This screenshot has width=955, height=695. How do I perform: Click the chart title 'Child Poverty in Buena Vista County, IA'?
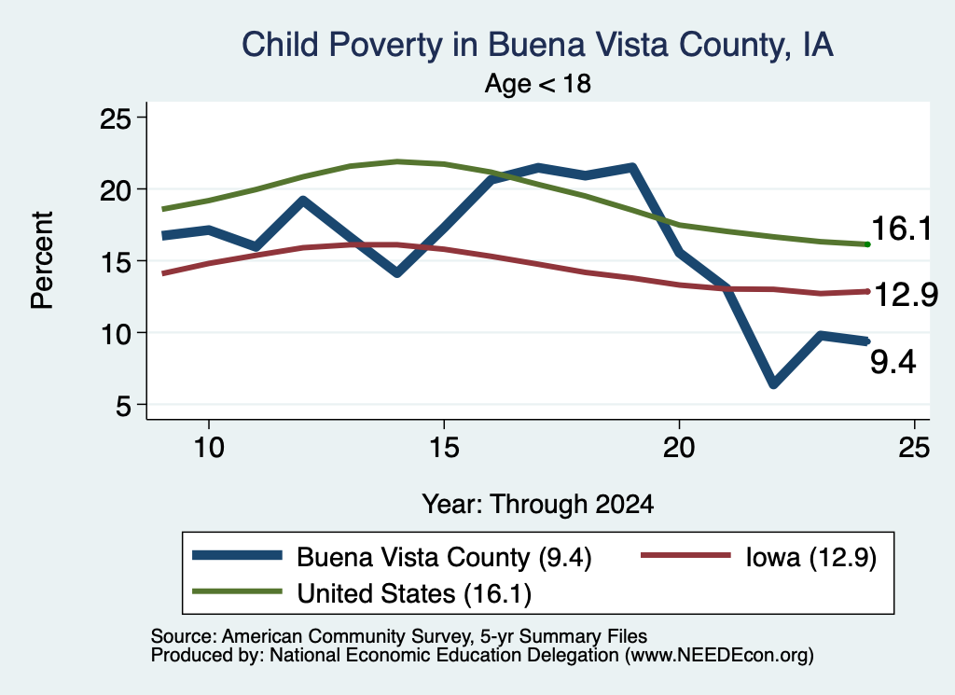tap(537, 45)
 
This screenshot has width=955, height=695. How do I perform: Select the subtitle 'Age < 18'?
tap(538, 83)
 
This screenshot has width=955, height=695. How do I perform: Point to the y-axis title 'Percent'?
tap(42, 260)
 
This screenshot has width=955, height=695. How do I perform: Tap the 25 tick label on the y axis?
tap(116, 118)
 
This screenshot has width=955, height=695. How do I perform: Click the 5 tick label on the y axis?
tap(124, 405)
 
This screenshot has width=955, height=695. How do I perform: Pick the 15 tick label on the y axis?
tap(116, 261)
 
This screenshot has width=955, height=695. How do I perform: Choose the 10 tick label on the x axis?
tap(209, 448)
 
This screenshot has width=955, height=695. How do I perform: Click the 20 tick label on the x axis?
tap(679, 448)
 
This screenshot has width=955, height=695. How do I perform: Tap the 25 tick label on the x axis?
tap(914, 448)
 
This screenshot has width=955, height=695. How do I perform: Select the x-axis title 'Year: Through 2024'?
tap(538, 505)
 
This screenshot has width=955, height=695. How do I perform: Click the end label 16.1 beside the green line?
tap(902, 229)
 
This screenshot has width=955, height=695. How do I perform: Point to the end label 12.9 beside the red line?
tap(906, 296)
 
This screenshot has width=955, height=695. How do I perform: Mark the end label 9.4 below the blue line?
tap(893, 362)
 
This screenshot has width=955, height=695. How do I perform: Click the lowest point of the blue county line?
tap(773, 383)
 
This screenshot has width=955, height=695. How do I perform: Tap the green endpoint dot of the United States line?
tap(867, 244)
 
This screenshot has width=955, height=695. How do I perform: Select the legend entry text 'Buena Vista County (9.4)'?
tap(444, 557)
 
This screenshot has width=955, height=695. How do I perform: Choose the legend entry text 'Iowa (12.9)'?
tap(811, 557)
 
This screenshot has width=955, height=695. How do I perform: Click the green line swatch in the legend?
tap(237, 591)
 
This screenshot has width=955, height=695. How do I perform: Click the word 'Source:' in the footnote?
tap(184, 636)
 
